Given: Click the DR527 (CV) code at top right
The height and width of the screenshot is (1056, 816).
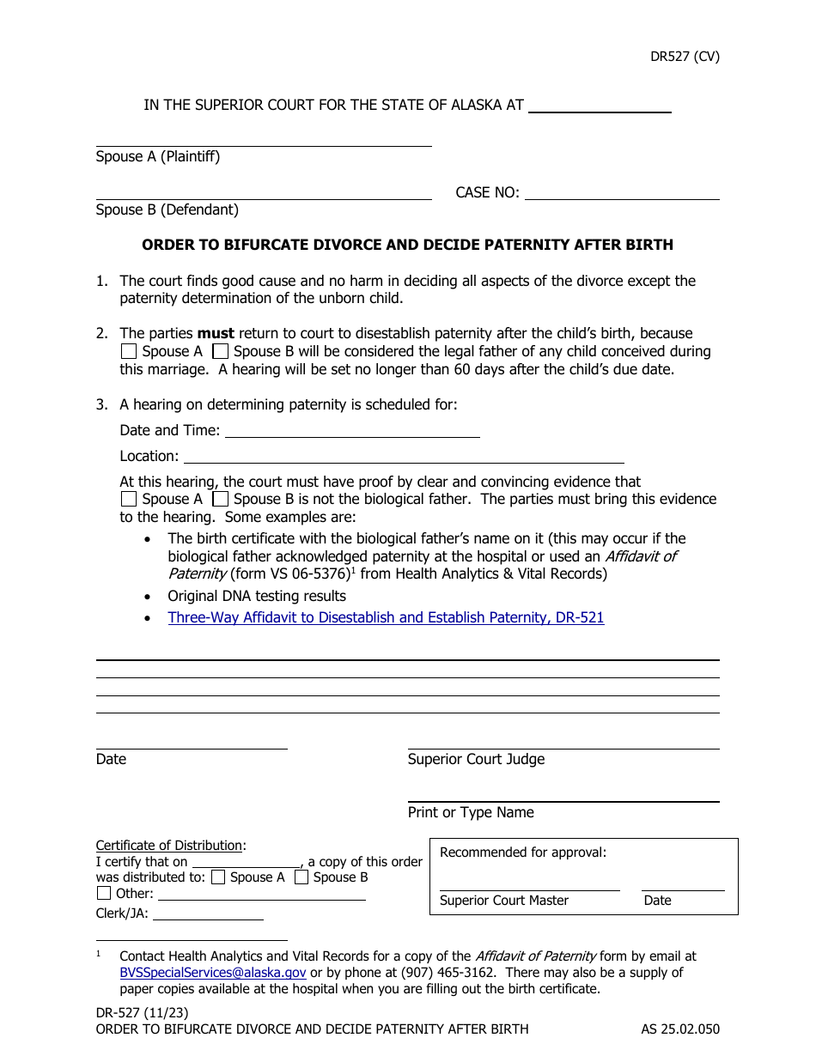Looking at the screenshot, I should [x=684, y=58].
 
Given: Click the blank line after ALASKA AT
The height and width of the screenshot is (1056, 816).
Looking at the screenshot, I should [x=599, y=106].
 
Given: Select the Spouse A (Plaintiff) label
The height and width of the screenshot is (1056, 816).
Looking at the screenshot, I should [x=158, y=157].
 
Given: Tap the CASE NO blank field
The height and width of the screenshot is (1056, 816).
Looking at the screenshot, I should [x=621, y=192].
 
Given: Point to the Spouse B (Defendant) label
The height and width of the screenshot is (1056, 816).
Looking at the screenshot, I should [x=167, y=210].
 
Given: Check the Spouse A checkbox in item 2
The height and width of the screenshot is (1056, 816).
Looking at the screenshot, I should [x=129, y=351].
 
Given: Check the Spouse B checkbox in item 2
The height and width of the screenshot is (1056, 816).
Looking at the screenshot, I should [x=221, y=351].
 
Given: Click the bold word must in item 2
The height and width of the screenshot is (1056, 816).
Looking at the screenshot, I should [x=216, y=333].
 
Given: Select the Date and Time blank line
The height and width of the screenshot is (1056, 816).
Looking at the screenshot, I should [x=351, y=431].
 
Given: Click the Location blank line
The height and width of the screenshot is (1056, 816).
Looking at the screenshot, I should [x=404, y=457].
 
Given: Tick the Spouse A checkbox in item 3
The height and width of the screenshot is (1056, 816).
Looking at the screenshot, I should [x=129, y=499].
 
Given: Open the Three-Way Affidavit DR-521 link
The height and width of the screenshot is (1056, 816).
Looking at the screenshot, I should [x=386, y=617].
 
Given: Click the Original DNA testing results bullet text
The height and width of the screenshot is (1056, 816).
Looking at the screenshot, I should [x=257, y=596].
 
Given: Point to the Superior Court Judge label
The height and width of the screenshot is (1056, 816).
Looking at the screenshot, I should [x=476, y=759].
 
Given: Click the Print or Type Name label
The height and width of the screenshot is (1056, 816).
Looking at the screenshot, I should [x=471, y=812].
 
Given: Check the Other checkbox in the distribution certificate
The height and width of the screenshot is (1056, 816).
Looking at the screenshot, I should [x=104, y=893].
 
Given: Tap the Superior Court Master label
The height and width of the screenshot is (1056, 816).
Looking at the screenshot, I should [x=504, y=901].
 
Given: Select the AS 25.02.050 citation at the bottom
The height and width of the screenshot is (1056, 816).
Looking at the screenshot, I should [x=680, y=1029].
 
